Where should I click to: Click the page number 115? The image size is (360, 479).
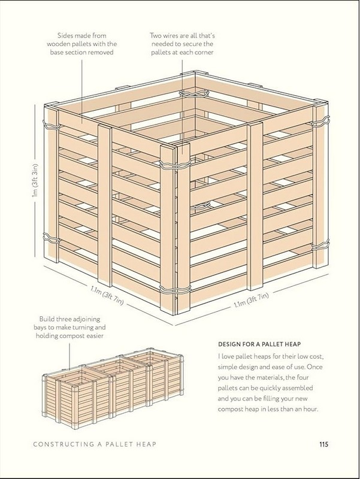coord(323,444)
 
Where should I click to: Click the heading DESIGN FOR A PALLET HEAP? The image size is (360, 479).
coord(259,344)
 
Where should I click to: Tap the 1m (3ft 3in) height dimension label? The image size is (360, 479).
coord(36,181)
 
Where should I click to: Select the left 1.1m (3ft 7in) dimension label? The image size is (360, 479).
coord(107,295)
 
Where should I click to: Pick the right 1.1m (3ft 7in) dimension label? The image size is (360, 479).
coord(251,300)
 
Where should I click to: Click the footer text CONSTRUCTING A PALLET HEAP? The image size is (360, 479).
coord(95,444)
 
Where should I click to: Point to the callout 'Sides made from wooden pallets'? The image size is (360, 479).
coord(81,44)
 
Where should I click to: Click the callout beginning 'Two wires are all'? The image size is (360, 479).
coord(182,44)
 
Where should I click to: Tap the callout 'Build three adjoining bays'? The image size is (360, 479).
coord(69,327)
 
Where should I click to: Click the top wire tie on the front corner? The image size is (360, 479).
coord(175,164)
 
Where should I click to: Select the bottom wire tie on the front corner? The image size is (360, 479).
coord(175,290)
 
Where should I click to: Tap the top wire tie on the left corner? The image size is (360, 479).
coord(51,125)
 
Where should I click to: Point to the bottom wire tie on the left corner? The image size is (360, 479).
coord(50,238)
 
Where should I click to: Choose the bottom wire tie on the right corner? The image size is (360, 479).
coord(320,245)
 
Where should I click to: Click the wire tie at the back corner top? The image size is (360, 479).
coord(193,93)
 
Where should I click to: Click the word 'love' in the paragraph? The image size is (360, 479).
coord(228,356)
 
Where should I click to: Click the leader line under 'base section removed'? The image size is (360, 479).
coord(82,91)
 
